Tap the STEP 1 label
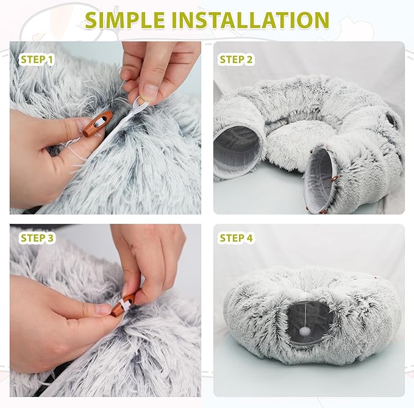pyautogui.click(x=37, y=60)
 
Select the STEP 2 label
pyautogui.click(x=236, y=60)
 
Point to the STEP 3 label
pyautogui.click(x=37, y=238)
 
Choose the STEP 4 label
pyautogui.click(x=236, y=238)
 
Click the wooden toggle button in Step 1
pyautogui.click(x=98, y=123)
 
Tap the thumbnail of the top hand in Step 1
pyautogui.click(x=148, y=92)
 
